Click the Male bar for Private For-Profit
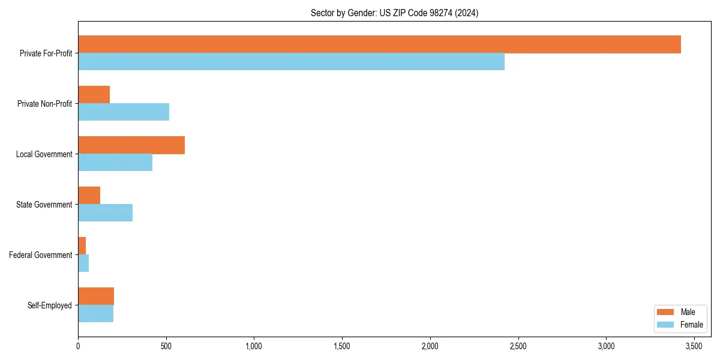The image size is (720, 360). coord(379,44)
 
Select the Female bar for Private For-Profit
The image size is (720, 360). coord(291,62)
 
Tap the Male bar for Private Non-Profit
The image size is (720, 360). coord(94,95)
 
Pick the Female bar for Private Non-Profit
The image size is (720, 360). coord(124,112)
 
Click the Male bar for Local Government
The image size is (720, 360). coord(131,145)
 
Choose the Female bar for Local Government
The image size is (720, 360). coord(115,163)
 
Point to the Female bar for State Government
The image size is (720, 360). coord(105,213)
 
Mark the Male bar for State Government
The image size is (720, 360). coord(89,196)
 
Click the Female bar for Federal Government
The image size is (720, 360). coord(83,263)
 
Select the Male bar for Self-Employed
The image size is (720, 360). coord(96,296)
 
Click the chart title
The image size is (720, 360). coord(394,13)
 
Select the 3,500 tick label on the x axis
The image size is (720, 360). coord(694,346)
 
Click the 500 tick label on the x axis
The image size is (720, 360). coord(166,346)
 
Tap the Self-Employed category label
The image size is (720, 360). coord(50,305)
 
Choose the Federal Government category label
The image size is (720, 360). coord(41,255)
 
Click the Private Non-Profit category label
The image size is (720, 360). coord(44,104)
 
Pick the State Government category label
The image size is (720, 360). coord(44,205)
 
